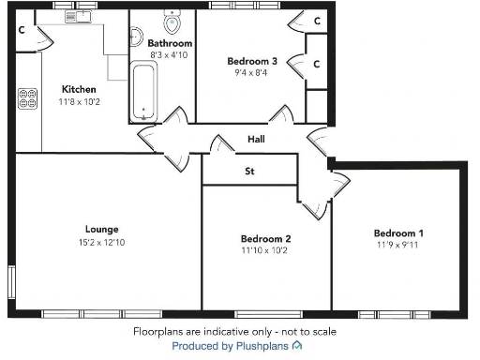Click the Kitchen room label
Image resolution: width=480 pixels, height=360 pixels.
79,89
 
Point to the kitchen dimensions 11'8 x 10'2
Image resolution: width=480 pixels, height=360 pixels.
79,101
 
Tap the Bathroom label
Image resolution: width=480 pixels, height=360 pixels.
170,43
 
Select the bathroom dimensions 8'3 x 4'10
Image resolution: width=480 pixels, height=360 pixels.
170,55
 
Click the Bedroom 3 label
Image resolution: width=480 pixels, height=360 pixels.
252,62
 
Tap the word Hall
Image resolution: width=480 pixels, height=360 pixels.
256,140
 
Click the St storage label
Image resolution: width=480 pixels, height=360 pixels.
249,172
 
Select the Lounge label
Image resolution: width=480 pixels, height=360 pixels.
100,229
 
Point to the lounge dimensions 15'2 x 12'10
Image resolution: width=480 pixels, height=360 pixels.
100,242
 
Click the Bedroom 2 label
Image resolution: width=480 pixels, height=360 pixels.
265,238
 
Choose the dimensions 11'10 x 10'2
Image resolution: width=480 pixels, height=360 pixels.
265,250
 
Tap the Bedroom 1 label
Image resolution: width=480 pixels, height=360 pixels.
398,233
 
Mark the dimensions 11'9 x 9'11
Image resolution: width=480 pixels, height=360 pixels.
398,246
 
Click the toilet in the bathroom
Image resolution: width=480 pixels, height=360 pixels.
172,22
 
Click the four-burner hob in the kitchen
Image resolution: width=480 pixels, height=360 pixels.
26,98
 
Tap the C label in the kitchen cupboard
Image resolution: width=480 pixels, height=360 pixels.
22,30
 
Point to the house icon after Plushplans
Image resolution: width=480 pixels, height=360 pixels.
297,346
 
